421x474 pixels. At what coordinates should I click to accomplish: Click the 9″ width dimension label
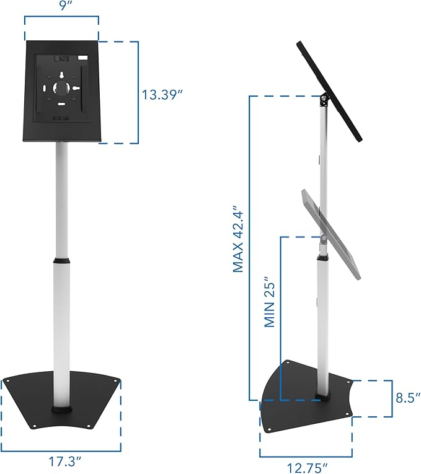61,7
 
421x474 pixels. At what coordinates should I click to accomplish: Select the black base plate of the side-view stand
291,397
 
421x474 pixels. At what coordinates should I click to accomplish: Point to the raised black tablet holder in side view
332,87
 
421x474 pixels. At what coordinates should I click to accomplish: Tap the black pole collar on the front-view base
62,410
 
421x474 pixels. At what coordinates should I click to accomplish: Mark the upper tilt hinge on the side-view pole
323,99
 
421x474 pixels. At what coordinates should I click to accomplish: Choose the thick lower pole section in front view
62,335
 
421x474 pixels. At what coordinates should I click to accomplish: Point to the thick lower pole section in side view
323,322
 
